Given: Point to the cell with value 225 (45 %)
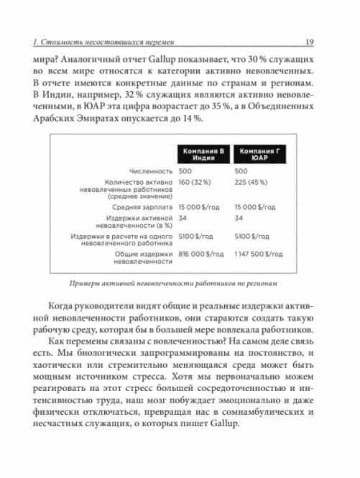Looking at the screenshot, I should (254, 183).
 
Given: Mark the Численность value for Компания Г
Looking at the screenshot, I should (241, 172).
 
